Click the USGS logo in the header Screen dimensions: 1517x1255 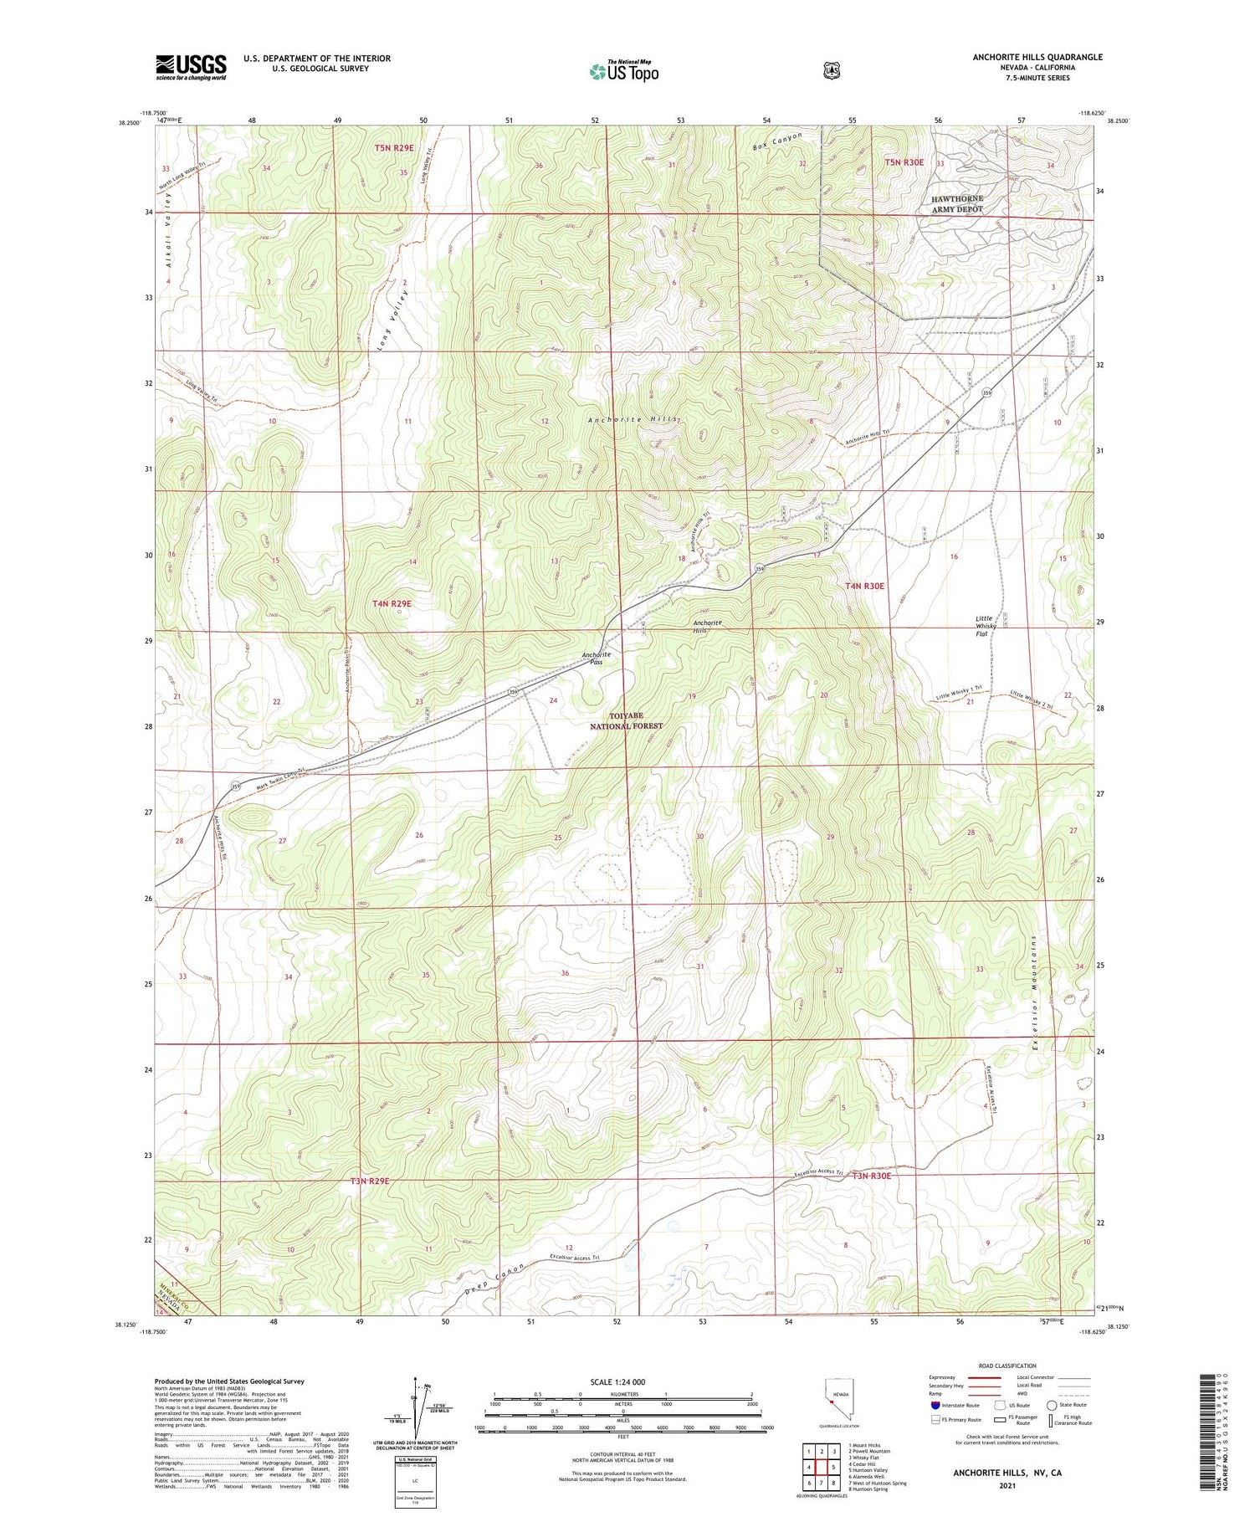[x=191, y=67]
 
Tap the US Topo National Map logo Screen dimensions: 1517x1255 [x=624, y=71]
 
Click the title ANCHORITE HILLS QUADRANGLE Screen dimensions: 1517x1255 [x=1037, y=57]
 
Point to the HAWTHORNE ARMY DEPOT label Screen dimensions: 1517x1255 [x=957, y=204]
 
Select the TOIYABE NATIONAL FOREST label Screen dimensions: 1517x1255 [x=626, y=721]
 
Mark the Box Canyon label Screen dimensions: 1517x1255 [x=777, y=141]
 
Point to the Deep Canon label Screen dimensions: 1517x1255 [x=494, y=1279]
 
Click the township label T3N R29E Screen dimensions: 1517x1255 [x=370, y=1181]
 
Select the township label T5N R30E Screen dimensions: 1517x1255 [x=904, y=162]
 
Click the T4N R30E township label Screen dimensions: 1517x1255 [x=864, y=587]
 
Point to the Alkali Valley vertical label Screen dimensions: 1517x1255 [x=168, y=228]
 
